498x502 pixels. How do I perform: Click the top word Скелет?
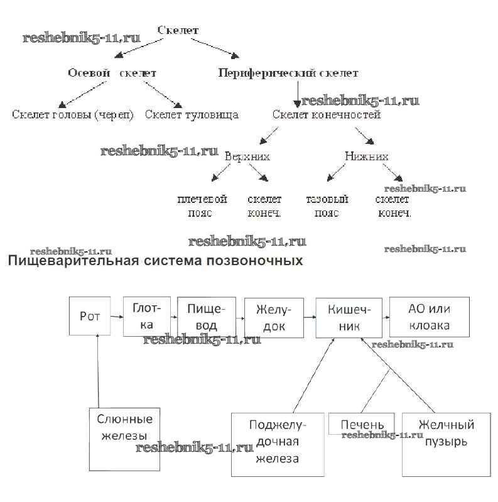click(x=178, y=30)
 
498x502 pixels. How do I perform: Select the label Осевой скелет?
click(x=112, y=73)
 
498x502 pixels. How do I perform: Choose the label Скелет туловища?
click(x=192, y=114)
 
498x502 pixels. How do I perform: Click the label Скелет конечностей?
click(x=326, y=114)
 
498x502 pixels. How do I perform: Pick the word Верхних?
click(x=247, y=156)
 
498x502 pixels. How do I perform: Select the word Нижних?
click(x=367, y=156)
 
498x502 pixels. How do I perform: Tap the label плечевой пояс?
click(x=202, y=206)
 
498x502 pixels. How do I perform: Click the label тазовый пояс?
click(x=327, y=206)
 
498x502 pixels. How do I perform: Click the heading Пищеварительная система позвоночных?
click(x=155, y=260)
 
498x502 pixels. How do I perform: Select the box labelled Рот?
click(x=90, y=316)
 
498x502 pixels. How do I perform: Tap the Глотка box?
click(x=147, y=316)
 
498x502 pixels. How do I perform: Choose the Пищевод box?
click(x=207, y=316)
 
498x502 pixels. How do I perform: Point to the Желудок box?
click(x=273, y=316)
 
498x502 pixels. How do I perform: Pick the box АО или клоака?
click(x=429, y=316)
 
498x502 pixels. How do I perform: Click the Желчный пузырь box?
click(x=446, y=444)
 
